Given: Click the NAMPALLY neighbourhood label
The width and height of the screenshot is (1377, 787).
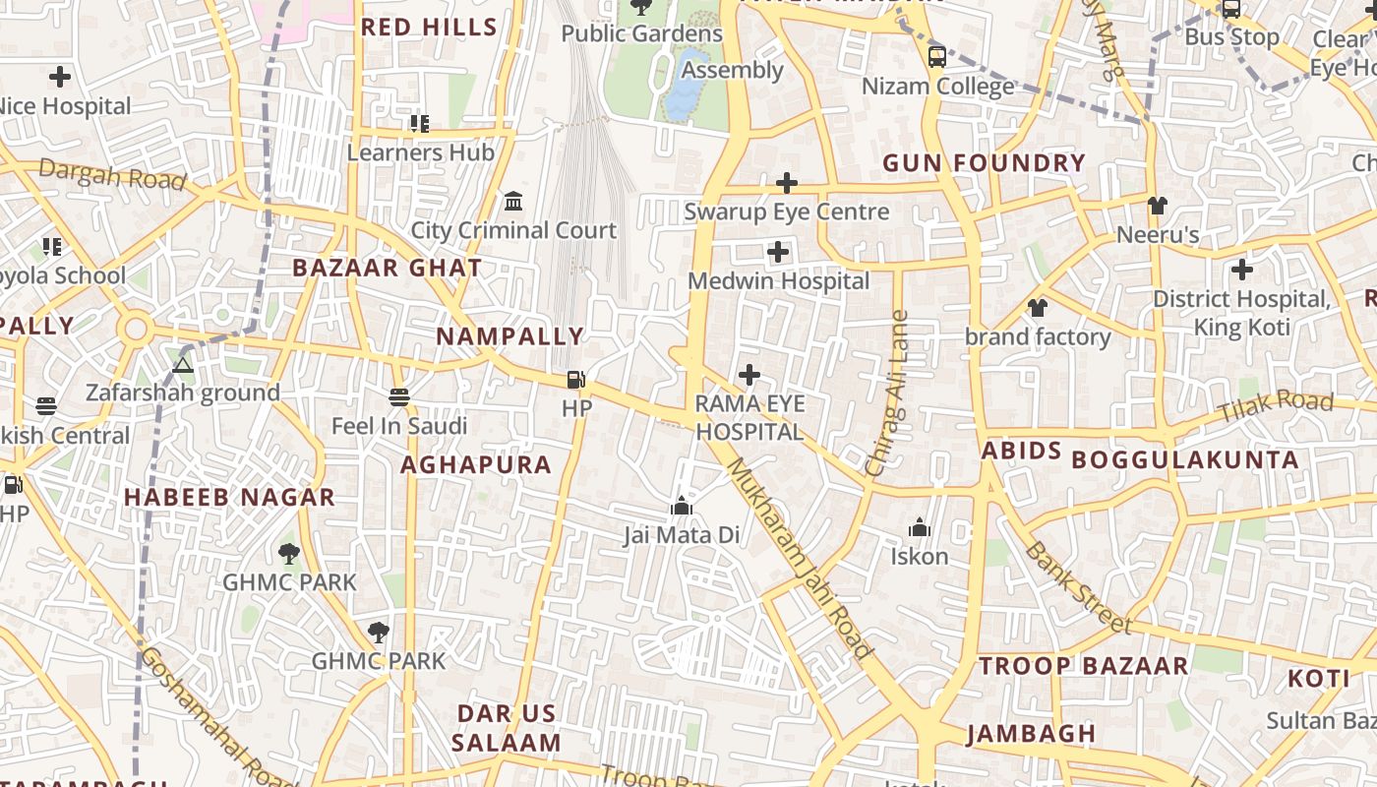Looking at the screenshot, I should [509, 336].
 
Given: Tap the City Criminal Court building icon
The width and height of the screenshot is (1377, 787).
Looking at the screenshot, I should [513, 202].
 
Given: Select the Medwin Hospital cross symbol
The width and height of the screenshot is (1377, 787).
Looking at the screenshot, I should [778, 253].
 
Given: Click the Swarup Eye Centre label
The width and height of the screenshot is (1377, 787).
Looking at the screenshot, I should [786, 212].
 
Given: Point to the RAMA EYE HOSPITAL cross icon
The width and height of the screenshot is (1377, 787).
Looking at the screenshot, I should [749, 375].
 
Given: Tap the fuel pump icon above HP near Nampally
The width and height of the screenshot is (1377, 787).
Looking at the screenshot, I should [576, 379].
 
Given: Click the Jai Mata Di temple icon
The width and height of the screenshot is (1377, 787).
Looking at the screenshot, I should [681, 507].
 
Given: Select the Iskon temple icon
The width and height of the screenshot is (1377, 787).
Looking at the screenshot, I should [920, 528].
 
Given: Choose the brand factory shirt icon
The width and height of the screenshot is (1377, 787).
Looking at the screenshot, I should [1037, 308].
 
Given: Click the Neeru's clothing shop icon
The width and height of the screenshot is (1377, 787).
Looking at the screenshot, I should [1158, 206].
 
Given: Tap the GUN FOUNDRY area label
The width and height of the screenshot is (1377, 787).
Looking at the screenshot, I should [984, 163].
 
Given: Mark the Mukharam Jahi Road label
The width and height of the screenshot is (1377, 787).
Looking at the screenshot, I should [799, 558].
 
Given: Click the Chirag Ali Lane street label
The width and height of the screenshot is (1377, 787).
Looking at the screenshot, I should [888, 393].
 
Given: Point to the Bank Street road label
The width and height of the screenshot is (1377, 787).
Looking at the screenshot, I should [1077, 586].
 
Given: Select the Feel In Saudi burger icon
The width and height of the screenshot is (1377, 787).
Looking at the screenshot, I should [398, 397].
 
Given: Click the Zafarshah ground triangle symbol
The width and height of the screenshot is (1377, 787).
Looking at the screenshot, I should [183, 365].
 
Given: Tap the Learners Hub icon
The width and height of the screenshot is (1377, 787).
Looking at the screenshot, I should [420, 124].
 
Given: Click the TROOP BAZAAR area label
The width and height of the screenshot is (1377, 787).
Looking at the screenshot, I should [1083, 666].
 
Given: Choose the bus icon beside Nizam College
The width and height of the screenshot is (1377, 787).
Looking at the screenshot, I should [937, 56].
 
